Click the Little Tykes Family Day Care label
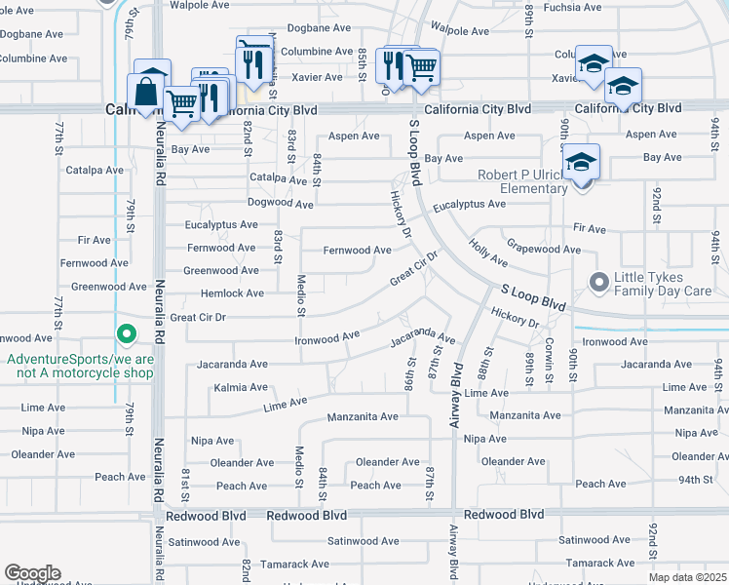[x=663, y=284]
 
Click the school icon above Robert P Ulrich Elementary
[x=580, y=162]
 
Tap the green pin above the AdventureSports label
[x=126, y=335]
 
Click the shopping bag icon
[x=145, y=93]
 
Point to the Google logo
[x=31, y=573]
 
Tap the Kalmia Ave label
[x=240, y=388]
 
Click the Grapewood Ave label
[x=543, y=251]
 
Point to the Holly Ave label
[x=487, y=253]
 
